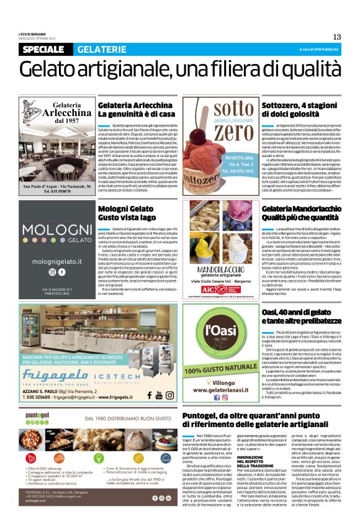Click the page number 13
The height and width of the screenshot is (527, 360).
pyautogui.click(x=337, y=37)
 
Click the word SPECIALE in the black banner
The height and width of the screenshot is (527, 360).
pyautogui.click(x=42, y=49)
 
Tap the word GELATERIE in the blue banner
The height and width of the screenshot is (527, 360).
pyautogui.click(x=101, y=49)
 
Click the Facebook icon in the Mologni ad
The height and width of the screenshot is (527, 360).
pyautogui.click(x=61, y=272)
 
